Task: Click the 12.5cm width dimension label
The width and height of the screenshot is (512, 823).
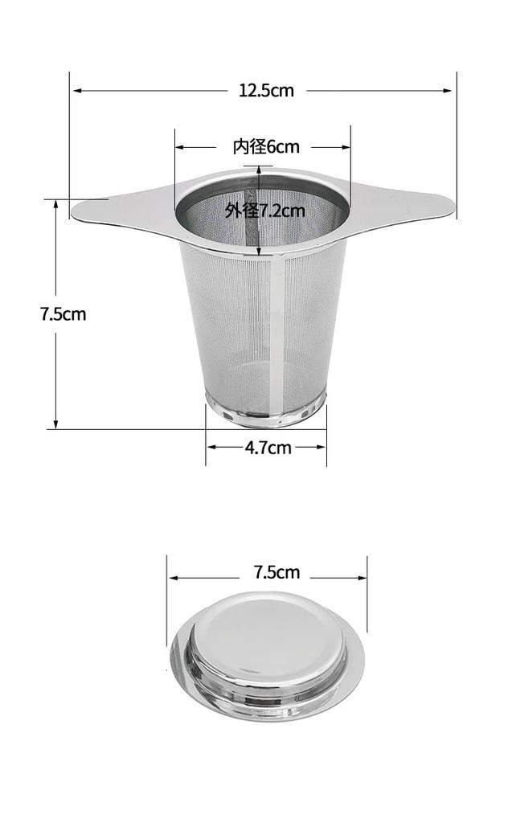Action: (266, 91)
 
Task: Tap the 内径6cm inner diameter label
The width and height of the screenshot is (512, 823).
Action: (266, 147)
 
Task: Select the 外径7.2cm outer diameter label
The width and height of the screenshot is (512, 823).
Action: (264, 211)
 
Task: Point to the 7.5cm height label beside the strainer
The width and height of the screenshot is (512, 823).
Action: (63, 314)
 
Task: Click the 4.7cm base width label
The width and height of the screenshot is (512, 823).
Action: (268, 448)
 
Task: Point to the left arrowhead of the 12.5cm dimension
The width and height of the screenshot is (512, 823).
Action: (76, 91)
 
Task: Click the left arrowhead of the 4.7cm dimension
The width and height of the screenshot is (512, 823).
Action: (211, 448)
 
